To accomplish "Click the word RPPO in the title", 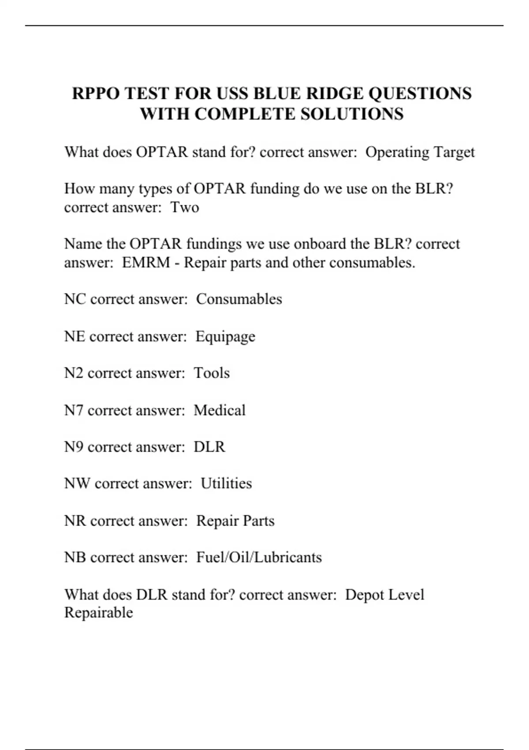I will (96, 94).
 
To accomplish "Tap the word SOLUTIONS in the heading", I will (352, 114).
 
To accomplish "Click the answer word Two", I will (185, 207).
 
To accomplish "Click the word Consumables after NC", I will (239, 299).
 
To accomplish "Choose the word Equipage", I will (225, 337).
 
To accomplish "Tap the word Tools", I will (212, 373).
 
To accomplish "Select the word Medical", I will (220, 410).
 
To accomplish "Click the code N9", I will (74, 447).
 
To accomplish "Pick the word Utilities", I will (226, 484).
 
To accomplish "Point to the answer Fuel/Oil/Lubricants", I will (259, 557).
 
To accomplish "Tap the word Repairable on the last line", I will (99, 613).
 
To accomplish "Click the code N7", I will (74, 410).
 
